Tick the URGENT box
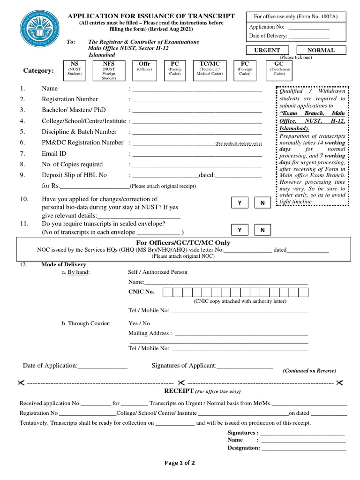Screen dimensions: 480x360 (267, 51)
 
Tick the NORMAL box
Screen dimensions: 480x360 (321, 51)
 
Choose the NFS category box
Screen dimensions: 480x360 (109, 70)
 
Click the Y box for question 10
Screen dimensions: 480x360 (240, 202)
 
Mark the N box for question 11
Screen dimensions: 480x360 (262, 230)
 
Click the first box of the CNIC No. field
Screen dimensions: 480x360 (167, 292)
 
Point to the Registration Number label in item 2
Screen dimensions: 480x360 (70, 99)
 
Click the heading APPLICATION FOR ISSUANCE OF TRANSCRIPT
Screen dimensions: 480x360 (151, 16)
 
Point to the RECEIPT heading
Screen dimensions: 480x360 (178, 390)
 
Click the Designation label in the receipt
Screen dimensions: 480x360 (243, 448)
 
